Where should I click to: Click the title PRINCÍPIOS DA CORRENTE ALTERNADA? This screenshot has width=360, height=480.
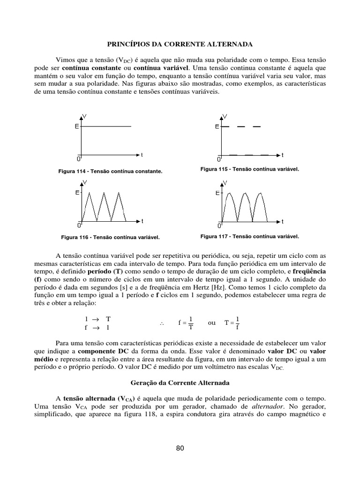point(180,44)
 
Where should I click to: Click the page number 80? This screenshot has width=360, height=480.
point(180,449)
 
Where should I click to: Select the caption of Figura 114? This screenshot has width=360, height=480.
point(110,172)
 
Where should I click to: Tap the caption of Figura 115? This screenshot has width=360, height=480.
point(249,169)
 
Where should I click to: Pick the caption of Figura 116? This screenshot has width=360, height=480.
point(110,237)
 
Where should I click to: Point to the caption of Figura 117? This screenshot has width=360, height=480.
point(249,236)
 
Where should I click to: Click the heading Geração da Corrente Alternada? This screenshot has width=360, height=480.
point(180,383)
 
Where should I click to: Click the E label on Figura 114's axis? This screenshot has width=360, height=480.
point(76,127)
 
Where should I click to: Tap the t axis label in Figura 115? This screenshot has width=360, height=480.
point(283,155)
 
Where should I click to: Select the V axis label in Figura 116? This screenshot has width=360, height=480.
point(84,182)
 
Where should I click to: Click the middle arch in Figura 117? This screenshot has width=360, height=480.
point(244,193)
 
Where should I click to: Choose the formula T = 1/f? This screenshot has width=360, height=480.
point(232,323)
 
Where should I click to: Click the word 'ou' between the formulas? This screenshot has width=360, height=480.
point(212,322)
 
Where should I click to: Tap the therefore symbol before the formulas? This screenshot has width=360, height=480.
point(161,323)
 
